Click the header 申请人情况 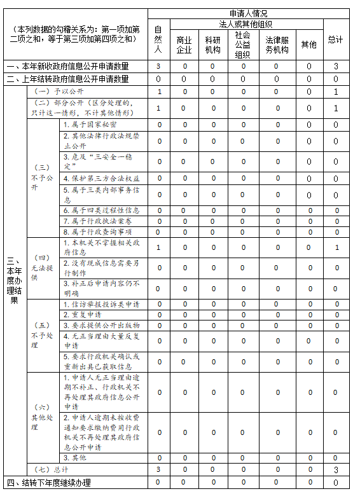tap(247, 13)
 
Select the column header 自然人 tap(158, 39)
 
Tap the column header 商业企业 tap(184, 44)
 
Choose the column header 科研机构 tap(213, 44)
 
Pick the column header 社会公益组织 tap(242, 44)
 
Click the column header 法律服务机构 tap(277, 44)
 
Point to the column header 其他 tap(308, 44)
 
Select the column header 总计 tap(336, 39)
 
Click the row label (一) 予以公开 tap(58, 92)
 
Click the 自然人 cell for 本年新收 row tap(158, 66)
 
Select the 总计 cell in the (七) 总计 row tap(336, 469)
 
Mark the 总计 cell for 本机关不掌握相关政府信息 tap(336, 247)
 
